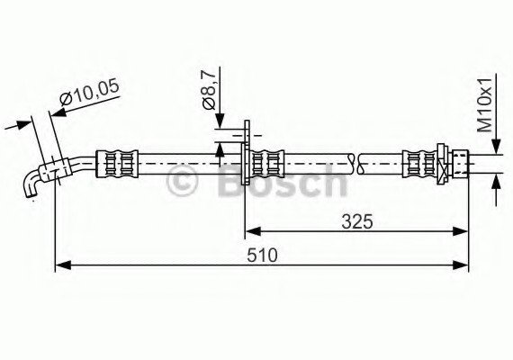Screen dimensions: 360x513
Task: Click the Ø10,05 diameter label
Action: [x=91, y=91]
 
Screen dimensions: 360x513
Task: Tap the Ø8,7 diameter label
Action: [x=208, y=91]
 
